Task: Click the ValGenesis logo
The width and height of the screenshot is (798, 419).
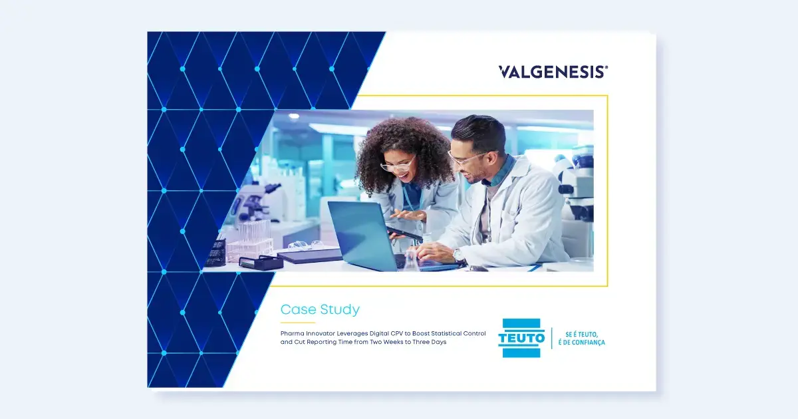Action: coord(553,72)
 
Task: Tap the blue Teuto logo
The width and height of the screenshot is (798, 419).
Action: coord(521,338)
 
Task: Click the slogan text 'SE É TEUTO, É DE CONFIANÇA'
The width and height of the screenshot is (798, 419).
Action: coord(581,339)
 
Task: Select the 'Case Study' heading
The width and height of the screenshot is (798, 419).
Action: coord(320,309)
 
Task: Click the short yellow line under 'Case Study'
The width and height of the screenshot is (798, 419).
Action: coord(298,323)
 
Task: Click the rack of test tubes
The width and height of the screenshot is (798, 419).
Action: coord(250,242)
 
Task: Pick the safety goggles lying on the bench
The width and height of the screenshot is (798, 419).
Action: coord(305,245)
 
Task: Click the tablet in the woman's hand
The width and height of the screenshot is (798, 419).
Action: coord(404,233)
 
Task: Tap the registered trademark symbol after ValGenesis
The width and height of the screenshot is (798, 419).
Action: coord(606,67)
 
